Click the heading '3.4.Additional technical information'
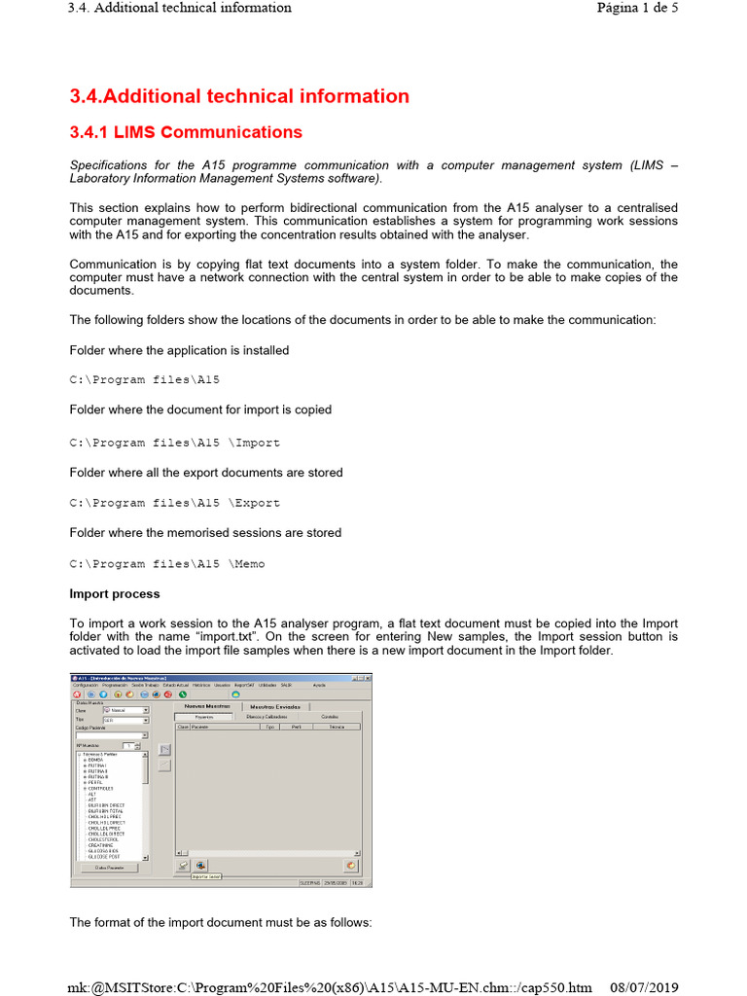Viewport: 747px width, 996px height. click(239, 96)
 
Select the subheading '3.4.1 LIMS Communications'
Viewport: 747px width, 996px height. click(186, 132)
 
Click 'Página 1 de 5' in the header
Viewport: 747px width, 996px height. click(637, 8)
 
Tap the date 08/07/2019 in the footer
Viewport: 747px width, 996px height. click(645, 987)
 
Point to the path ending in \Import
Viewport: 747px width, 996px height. click(174, 443)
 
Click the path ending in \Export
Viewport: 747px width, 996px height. click(174, 503)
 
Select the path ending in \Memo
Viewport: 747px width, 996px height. click(166, 564)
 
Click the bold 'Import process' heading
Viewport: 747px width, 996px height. click(115, 594)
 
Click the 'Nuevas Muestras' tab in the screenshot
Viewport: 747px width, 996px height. click(207, 706)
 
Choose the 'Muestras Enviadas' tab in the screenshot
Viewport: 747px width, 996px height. click(275, 706)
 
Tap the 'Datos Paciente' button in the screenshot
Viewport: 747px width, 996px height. click(108, 868)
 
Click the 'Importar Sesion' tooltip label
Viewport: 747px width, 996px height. click(206, 876)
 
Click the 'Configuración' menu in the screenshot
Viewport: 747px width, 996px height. click(85, 685)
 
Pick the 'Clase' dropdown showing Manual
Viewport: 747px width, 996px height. click(125, 710)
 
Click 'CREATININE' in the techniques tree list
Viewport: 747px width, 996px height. click(102, 845)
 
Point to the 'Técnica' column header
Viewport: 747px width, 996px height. click(337, 726)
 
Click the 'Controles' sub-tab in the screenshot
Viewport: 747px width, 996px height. click(331, 716)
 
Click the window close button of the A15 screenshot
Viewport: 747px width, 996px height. click(368, 677)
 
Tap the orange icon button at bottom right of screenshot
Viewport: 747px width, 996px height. click(350, 865)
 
